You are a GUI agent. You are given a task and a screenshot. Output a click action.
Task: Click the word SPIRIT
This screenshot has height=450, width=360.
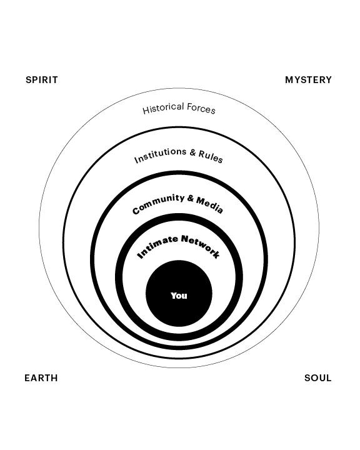(x=42, y=80)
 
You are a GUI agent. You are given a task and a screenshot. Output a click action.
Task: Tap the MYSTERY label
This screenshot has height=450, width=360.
(x=308, y=80)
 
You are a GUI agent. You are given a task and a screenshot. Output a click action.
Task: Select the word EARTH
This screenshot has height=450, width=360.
(x=41, y=378)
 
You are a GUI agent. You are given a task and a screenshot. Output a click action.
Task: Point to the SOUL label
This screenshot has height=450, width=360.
(x=317, y=378)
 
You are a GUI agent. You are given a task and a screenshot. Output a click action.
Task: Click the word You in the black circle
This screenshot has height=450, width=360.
(x=179, y=296)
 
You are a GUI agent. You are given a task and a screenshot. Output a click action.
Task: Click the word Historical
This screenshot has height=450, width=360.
(x=163, y=108)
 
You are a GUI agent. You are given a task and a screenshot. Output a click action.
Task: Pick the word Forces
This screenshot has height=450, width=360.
(x=201, y=109)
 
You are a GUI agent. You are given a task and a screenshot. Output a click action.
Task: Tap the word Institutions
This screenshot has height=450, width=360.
(x=160, y=155)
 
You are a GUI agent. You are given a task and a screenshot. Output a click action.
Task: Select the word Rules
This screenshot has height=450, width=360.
(x=211, y=156)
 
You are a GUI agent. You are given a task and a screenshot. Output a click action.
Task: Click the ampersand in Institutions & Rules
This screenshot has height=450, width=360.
(x=192, y=152)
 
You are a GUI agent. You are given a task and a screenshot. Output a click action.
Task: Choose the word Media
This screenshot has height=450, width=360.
(x=209, y=205)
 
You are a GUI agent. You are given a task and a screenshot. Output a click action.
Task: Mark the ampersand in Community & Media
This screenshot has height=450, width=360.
(x=191, y=198)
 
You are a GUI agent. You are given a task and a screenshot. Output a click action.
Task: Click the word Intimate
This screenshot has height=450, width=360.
(x=157, y=246)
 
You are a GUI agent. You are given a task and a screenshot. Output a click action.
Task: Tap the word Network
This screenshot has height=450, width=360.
(x=201, y=246)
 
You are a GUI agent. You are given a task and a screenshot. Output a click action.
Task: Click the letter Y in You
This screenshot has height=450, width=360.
(x=174, y=295)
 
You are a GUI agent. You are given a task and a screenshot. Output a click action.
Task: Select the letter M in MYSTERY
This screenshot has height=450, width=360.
(x=289, y=80)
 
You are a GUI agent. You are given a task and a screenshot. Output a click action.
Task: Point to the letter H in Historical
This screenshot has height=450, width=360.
(x=146, y=111)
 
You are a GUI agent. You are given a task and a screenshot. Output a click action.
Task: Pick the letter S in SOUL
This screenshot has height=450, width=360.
(x=307, y=378)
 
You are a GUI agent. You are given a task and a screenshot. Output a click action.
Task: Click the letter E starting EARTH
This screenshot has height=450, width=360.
(x=27, y=378)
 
